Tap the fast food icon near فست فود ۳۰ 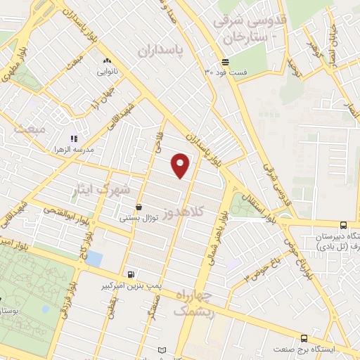pos(224,62)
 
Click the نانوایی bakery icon pos(106,61)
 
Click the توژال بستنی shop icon pos(139,207)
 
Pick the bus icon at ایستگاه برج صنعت pos(304,338)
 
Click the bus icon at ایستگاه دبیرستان pos(342,225)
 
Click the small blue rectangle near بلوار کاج pos(94,258)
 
